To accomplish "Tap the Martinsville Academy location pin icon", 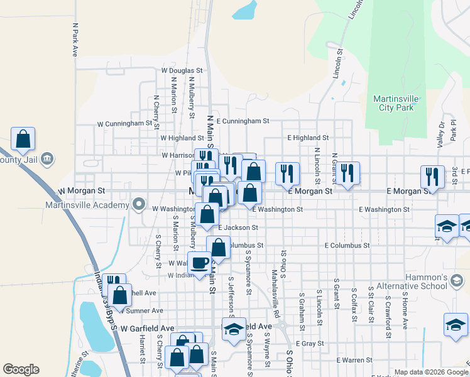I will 139,205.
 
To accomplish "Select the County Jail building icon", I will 46,160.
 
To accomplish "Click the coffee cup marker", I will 200,263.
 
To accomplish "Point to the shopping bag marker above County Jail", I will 23,139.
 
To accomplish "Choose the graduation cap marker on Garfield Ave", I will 234,329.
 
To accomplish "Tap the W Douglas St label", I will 182,71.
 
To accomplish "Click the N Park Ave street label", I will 75,40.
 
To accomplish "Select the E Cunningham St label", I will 243,120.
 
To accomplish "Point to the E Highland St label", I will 308,137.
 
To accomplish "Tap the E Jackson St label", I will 238,227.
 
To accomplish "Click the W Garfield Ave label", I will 147,328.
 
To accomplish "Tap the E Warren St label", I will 354,360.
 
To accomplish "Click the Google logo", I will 21,369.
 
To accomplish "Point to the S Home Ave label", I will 405,310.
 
